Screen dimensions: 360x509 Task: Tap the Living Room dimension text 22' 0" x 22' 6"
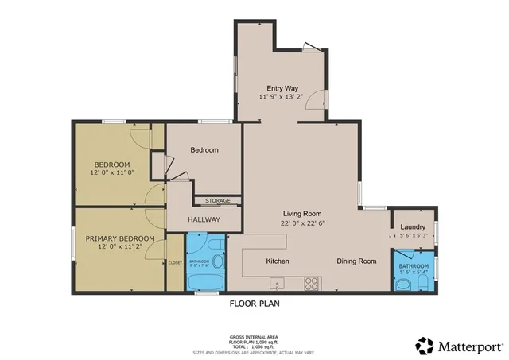[302, 223]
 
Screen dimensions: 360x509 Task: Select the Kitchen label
[278, 261]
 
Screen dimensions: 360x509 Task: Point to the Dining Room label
[356, 261]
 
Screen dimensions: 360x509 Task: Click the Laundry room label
[413, 226]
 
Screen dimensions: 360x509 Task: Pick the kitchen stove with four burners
[312, 282]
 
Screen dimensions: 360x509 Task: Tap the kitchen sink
[278, 283]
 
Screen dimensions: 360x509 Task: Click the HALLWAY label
[204, 219]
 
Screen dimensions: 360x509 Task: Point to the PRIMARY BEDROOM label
[120, 238]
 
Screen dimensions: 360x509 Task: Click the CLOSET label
[175, 263]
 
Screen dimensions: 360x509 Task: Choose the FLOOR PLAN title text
[254, 303]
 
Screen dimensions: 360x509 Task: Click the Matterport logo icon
[425, 345]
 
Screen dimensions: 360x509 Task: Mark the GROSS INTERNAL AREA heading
[254, 337]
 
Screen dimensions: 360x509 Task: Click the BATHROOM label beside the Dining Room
[414, 266]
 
